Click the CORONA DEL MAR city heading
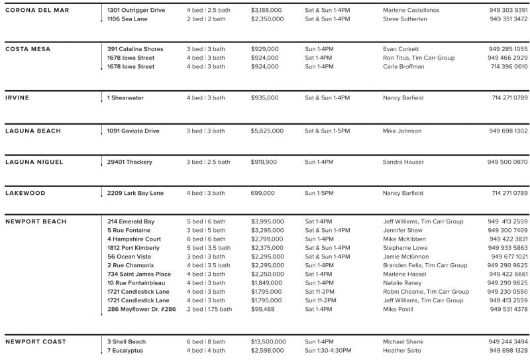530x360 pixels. pyautogui.click(x=36, y=11)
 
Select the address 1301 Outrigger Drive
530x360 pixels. pyautogui.click(x=136, y=11)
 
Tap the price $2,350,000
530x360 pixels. pyautogui.click(x=267, y=19)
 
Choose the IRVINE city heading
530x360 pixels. pyautogui.click(x=17, y=98)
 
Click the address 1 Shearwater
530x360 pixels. pyautogui.click(x=125, y=98)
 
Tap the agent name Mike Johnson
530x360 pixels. pyautogui.click(x=401, y=131)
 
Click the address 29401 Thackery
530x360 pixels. pyautogui.click(x=130, y=162)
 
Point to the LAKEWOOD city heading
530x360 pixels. pyautogui.click(x=25, y=194)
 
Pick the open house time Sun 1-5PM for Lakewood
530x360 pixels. pyautogui.click(x=319, y=194)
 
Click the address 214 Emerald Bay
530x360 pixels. pyautogui.click(x=131, y=221)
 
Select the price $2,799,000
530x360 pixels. pyautogui.click(x=267, y=239)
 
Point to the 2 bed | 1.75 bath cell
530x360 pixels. pyautogui.click(x=209, y=308)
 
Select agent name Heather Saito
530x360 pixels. pyautogui.click(x=403, y=350)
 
